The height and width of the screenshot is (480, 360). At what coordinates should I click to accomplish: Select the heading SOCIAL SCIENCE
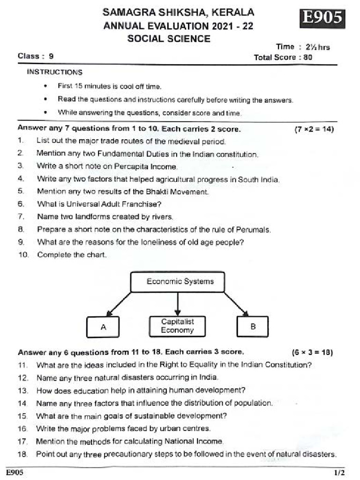tap(169, 38)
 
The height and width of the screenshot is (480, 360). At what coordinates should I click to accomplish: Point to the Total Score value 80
tap(307, 58)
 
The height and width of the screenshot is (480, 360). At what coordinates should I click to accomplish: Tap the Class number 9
tap(51, 56)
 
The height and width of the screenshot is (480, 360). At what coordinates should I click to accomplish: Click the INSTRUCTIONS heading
tap(54, 72)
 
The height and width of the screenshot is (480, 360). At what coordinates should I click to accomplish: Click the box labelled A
tap(103, 327)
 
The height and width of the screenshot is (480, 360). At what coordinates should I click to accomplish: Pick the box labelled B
tap(253, 327)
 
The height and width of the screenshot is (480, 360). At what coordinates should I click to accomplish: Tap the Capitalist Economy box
tap(177, 326)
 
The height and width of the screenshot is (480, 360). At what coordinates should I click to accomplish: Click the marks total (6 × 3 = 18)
tap(312, 352)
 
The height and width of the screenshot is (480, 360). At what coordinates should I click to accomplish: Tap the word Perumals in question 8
tap(255, 230)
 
